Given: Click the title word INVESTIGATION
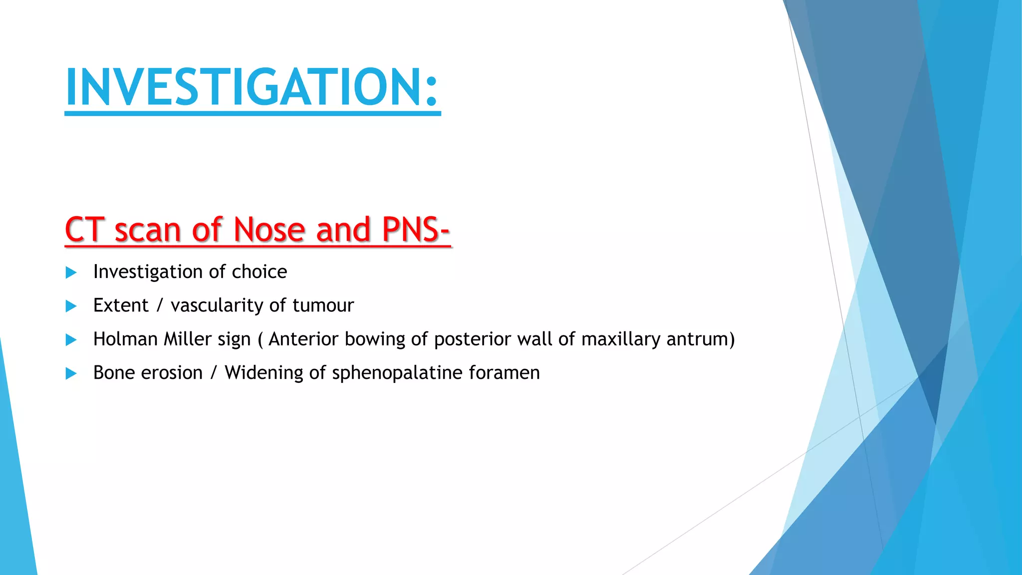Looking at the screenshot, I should [245, 87].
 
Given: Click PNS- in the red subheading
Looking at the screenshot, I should [416, 230].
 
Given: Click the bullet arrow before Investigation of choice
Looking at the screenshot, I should [71, 273].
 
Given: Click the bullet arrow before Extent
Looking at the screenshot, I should [71, 306].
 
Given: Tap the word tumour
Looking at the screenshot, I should [323, 305].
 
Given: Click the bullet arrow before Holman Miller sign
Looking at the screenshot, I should [71, 340].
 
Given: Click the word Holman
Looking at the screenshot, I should [125, 339].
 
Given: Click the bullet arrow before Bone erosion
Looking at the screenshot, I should [71, 373].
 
